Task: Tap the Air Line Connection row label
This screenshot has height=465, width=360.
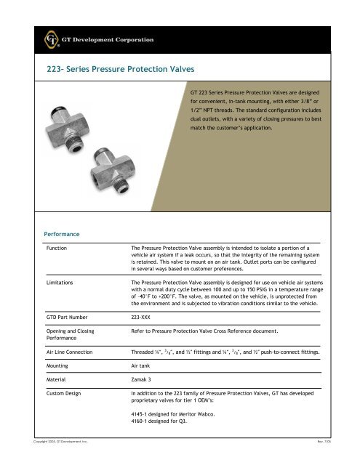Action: (74, 355)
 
